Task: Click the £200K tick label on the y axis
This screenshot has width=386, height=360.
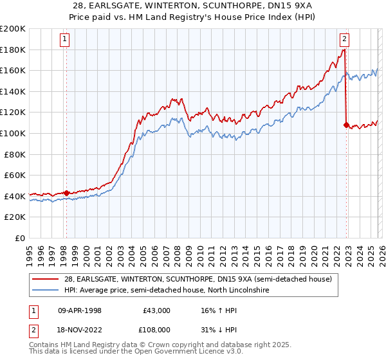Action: tap(12, 29)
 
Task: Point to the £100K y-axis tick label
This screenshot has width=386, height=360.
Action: tap(12, 133)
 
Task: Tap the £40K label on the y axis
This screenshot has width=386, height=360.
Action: tap(14, 195)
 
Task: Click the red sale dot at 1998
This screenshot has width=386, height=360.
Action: tap(66, 193)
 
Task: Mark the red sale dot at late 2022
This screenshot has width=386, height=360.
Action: tap(347, 125)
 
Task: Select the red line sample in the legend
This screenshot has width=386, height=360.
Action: tap(46, 279)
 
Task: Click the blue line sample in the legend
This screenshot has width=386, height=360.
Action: tap(46, 291)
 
